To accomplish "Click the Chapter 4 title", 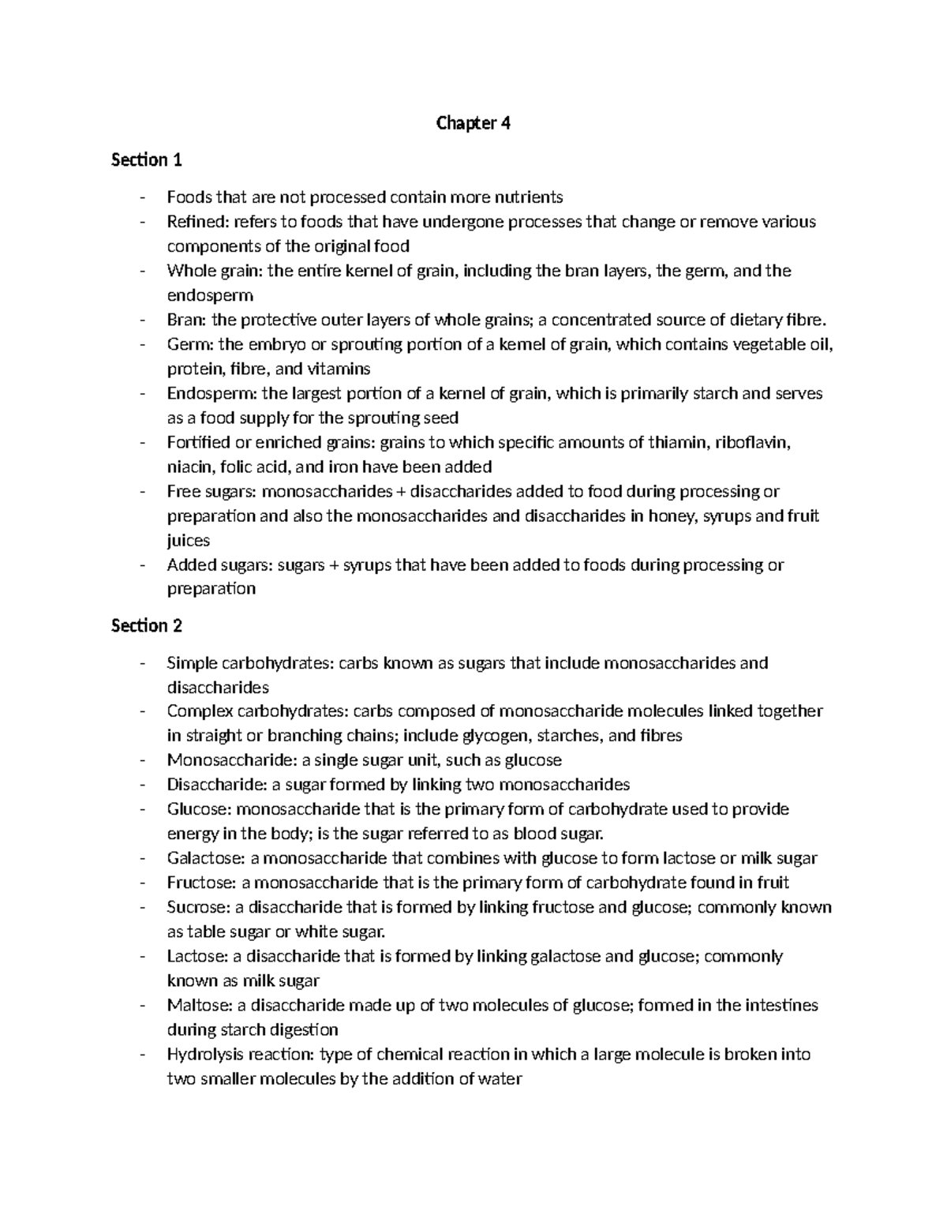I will (473, 123).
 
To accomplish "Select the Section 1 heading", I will (147, 160).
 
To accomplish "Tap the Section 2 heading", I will (147, 626).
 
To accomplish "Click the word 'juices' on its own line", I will (189, 541).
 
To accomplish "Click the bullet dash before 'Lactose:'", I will (142, 957).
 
